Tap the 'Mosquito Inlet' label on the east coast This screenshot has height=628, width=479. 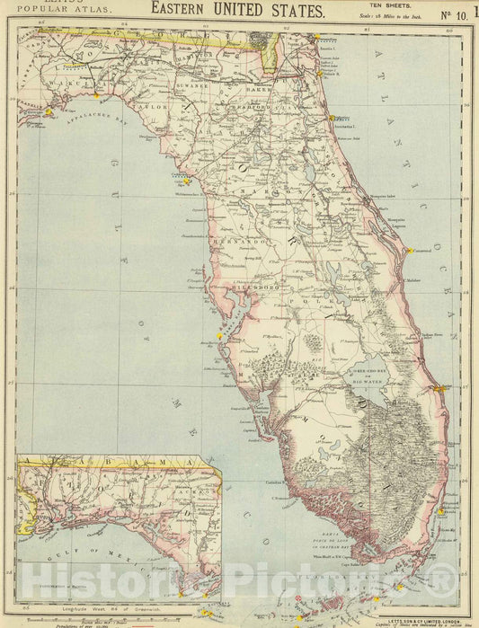[x=383, y=195]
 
